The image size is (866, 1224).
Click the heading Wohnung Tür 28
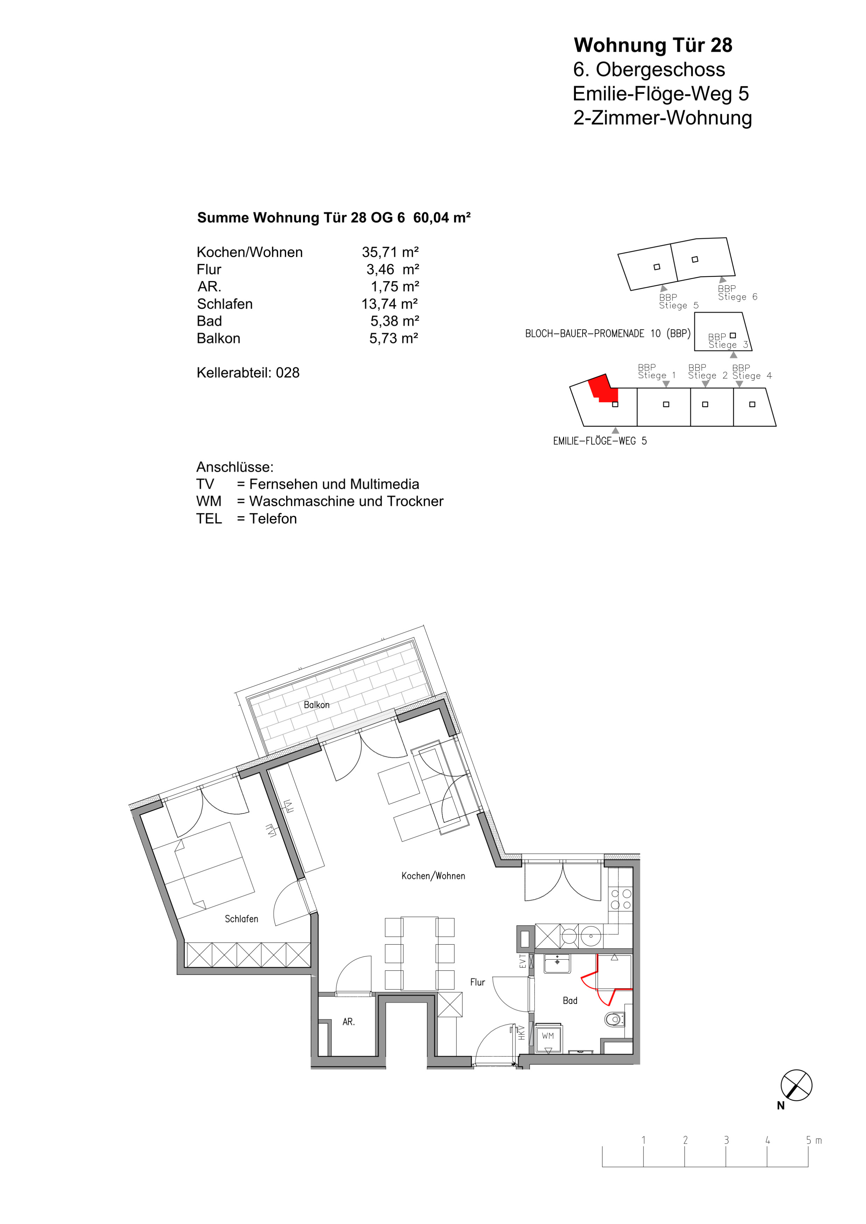[x=653, y=45]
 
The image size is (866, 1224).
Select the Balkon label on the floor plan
[x=317, y=705]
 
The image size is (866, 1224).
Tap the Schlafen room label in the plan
[x=241, y=919]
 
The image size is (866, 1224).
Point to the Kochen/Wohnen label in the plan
[x=433, y=876]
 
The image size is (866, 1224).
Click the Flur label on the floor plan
[x=477, y=982]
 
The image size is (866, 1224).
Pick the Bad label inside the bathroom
[x=570, y=1001]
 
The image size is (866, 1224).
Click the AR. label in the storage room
[x=348, y=1022]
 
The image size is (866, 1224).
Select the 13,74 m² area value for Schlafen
[x=390, y=304]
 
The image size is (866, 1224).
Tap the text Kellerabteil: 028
[x=248, y=373]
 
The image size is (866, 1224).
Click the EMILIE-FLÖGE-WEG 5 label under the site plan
[x=600, y=441]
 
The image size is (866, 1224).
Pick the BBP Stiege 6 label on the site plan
[x=738, y=293]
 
